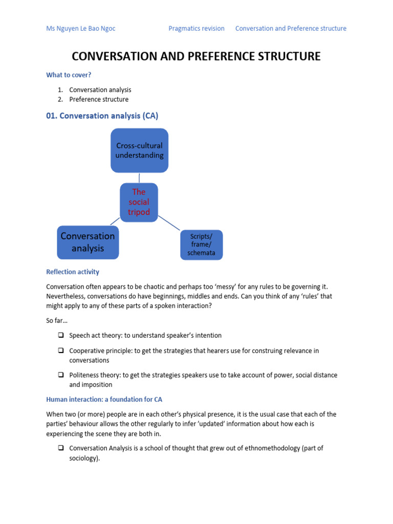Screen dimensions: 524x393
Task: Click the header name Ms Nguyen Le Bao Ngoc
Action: [x=80, y=29]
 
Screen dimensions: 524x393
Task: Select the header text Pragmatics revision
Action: [x=196, y=29]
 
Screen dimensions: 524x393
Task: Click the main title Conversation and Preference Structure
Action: [x=196, y=56]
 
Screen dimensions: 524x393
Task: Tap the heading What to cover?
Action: [x=69, y=75]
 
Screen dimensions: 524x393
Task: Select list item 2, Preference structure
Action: [x=99, y=99]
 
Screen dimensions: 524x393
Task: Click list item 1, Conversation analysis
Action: [x=100, y=90]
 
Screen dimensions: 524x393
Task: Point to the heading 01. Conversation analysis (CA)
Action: [x=102, y=116]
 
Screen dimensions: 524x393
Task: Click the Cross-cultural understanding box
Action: [x=139, y=150]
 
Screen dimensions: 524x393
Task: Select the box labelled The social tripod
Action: [x=139, y=202]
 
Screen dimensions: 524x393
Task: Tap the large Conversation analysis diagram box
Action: [x=88, y=242]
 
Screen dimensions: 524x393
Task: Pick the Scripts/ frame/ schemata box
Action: [x=202, y=245]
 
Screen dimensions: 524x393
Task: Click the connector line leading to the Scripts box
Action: [x=169, y=222]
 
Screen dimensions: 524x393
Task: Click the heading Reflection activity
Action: [x=73, y=272]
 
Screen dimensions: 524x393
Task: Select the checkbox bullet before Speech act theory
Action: [x=61, y=336]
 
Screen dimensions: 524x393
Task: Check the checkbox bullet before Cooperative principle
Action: [x=61, y=351]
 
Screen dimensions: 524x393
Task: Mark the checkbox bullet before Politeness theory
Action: [x=61, y=375]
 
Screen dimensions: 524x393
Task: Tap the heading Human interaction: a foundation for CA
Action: [x=104, y=399]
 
